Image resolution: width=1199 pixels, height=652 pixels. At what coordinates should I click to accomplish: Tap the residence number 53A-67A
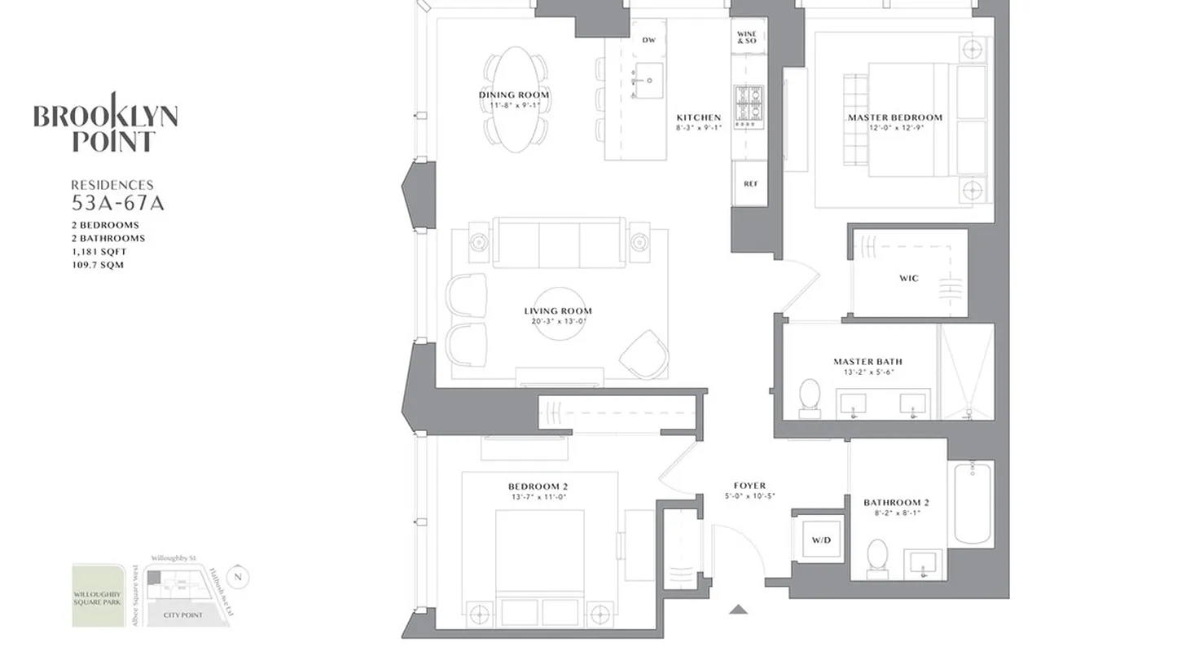[x=117, y=203]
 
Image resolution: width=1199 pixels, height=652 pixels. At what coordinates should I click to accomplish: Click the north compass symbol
[x=238, y=577]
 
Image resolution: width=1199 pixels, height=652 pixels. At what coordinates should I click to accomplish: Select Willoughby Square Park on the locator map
[x=99, y=596]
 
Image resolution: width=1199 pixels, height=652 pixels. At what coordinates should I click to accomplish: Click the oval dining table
[x=514, y=99]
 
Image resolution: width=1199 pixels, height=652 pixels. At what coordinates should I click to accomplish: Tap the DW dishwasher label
[x=648, y=40]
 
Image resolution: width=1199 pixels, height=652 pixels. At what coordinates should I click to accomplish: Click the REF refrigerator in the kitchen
[x=750, y=184]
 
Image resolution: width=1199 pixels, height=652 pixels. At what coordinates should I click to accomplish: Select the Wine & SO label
[x=747, y=37]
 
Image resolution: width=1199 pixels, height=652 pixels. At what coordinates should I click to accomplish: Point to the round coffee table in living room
[x=559, y=312]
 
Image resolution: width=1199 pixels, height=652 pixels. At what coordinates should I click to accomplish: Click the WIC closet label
[x=909, y=278]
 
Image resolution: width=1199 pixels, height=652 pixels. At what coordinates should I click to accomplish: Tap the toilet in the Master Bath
[x=810, y=397]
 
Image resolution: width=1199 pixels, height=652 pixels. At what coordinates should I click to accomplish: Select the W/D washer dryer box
[x=817, y=540]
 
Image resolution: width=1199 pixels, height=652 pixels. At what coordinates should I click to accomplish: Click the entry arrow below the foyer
[x=738, y=609]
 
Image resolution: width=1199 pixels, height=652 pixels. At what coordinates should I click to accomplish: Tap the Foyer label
[x=749, y=486]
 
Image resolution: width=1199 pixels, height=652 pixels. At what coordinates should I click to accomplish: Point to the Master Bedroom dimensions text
[x=894, y=127]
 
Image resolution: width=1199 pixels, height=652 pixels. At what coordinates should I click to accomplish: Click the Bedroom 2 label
[x=538, y=487]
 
